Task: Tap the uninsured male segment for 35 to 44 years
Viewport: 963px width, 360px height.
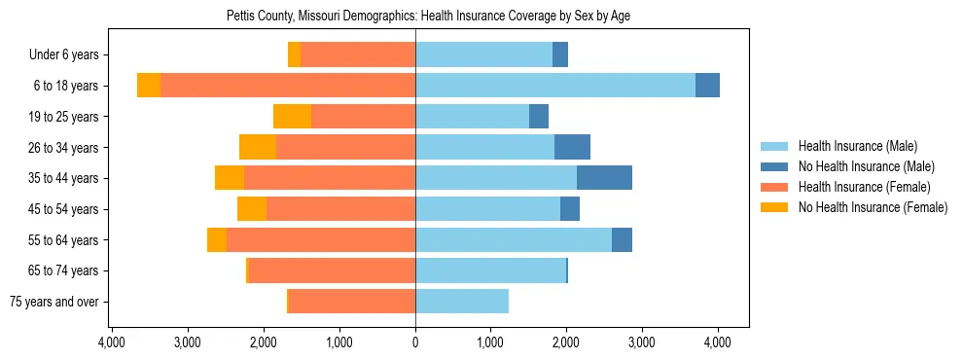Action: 604,178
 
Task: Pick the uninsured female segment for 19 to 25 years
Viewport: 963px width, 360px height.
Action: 292,117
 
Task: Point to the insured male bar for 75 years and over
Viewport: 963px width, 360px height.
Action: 462,302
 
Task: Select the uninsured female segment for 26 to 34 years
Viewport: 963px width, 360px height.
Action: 258,148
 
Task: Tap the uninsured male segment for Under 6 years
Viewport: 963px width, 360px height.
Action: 560,55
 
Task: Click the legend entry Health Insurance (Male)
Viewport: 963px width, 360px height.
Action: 857,146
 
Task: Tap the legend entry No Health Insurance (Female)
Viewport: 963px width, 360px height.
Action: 873,207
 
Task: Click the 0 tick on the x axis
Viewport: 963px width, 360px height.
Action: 415,342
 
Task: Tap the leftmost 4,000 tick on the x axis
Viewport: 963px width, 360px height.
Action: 112,342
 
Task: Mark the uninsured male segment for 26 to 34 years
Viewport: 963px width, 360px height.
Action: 572,148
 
